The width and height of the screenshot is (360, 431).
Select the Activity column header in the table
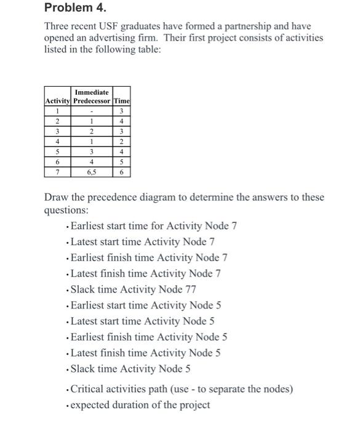coord(58,100)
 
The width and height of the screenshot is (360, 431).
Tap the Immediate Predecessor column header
coord(92,96)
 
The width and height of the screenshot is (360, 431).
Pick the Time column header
coord(121,100)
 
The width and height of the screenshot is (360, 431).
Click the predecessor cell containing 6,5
coord(92,172)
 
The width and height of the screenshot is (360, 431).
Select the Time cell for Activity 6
coord(121,161)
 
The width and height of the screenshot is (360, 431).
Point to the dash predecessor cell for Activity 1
coord(92,111)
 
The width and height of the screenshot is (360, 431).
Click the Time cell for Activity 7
coord(121,172)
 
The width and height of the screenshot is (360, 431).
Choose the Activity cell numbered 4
coord(58,141)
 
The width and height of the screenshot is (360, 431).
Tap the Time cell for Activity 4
coord(121,141)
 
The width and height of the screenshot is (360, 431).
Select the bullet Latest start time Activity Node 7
coord(142,241)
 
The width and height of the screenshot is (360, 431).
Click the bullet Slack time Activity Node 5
coord(130,369)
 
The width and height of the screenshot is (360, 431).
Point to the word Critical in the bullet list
coord(88,389)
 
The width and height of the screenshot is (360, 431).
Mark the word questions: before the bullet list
coord(66,209)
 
